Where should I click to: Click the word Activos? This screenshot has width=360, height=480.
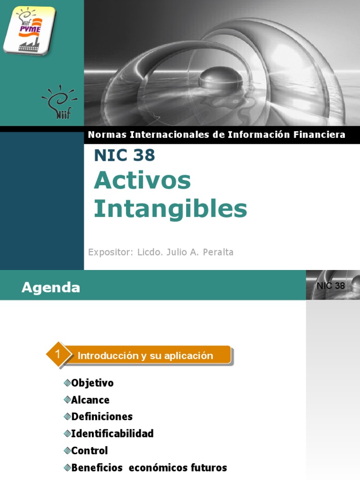click(x=142, y=180)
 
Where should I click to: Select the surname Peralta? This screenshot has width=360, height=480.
click(x=216, y=252)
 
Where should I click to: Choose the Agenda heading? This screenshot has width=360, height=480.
click(x=51, y=287)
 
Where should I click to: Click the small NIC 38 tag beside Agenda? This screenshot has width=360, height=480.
click(x=330, y=286)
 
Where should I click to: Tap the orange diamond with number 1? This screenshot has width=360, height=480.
click(x=57, y=355)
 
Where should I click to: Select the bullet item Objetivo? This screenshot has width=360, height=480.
click(x=92, y=383)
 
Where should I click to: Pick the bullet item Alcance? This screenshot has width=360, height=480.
click(x=90, y=400)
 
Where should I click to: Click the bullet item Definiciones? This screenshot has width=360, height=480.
click(x=102, y=417)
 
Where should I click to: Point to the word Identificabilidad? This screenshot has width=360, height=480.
click(x=112, y=434)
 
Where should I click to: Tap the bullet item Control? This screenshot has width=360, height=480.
click(x=90, y=450)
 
